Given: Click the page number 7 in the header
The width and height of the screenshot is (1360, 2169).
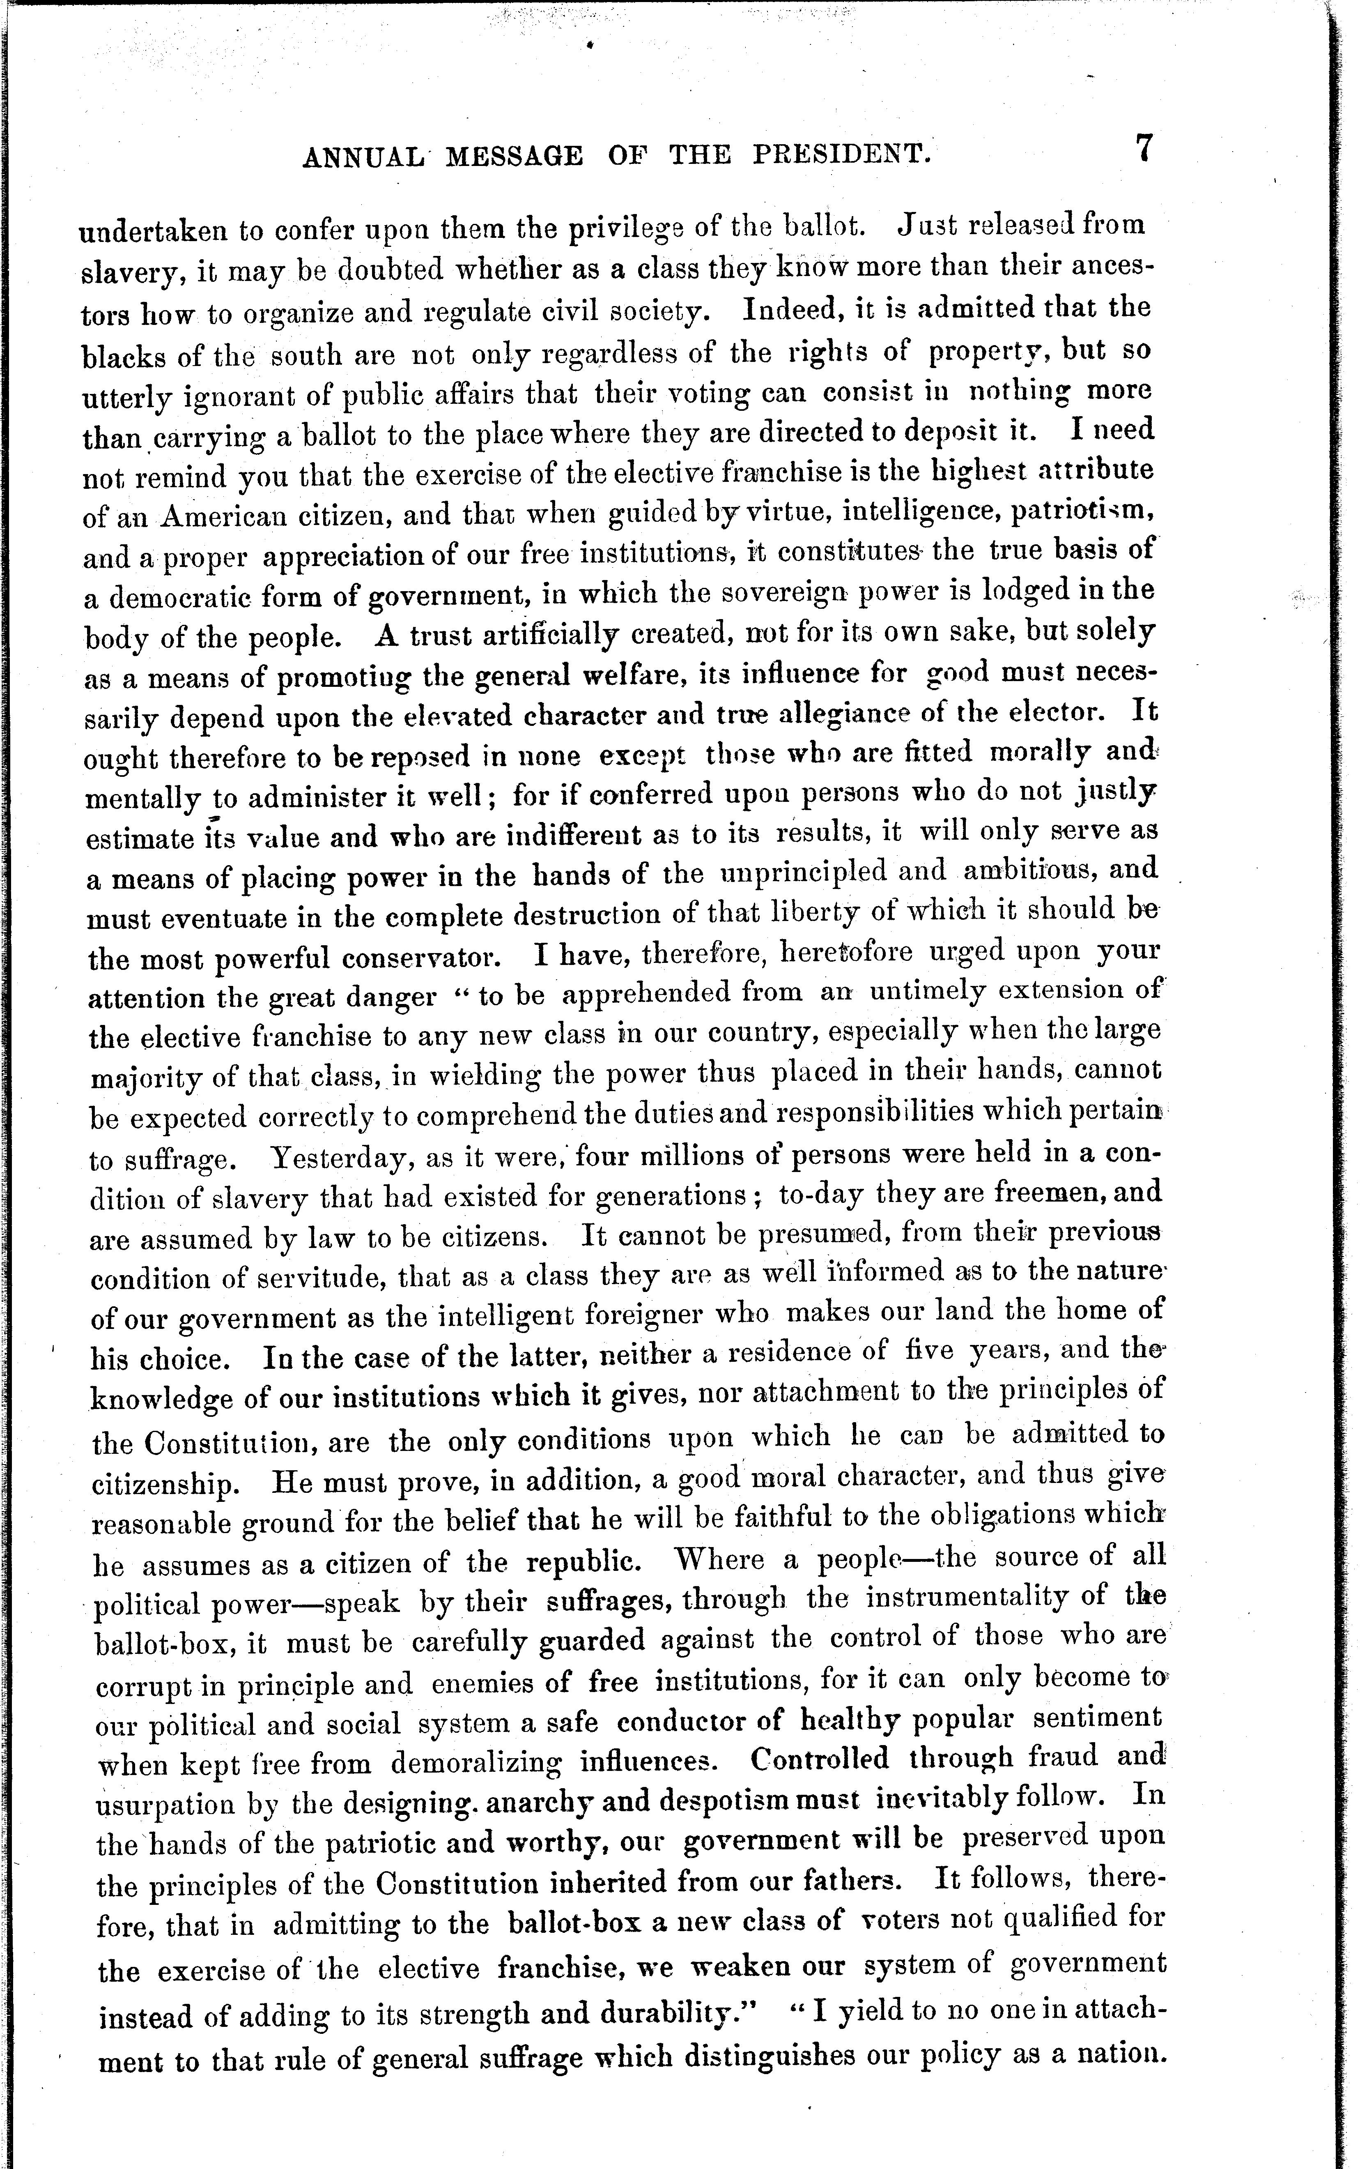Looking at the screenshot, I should coord(1143,147).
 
